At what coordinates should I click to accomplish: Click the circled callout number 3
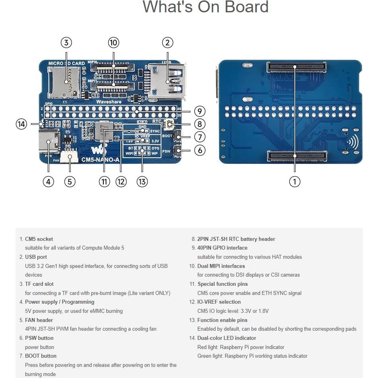[x=66, y=43]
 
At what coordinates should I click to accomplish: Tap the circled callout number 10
[x=114, y=43]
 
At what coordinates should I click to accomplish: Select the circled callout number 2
[x=167, y=43]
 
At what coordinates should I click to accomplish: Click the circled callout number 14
[x=21, y=124]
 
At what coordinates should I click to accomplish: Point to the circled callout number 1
[x=295, y=182]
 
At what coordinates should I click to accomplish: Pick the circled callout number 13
[x=142, y=182]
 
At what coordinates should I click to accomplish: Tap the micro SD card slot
[x=63, y=81]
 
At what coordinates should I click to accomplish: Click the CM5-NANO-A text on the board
[x=100, y=160]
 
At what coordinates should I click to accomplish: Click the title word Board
[x=246, y=7]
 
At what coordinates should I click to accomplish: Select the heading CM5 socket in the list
[x=39, y=239]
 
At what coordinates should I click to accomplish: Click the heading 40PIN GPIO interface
[x=222, y=248]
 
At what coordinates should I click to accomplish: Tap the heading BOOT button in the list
[x=41, y=356]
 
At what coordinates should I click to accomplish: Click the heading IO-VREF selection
[x=219, y=302]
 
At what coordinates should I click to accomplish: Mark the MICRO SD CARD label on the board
[x=66, y=63]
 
